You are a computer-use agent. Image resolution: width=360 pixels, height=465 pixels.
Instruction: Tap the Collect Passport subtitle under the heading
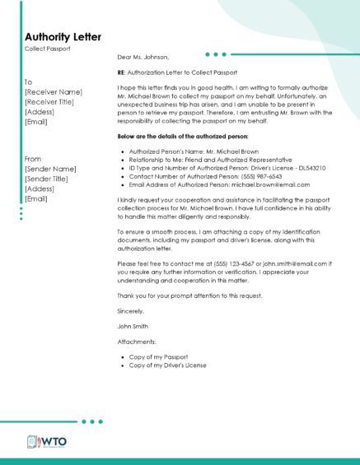[48, 49]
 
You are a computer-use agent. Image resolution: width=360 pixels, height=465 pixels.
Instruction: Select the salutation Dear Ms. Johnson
[143, 58]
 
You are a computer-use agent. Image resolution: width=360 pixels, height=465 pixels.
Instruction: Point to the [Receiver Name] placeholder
[54, 92]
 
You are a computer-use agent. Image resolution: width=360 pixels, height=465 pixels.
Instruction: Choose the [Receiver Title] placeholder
[53, 102]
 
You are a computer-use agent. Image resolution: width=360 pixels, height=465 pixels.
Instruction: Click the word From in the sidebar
[33, 159]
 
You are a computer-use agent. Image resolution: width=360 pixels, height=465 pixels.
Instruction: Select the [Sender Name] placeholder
[51, 169]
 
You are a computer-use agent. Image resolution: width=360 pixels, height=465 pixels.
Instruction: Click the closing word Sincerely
[131, 311]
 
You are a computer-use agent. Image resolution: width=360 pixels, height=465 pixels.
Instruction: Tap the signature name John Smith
[134, 326]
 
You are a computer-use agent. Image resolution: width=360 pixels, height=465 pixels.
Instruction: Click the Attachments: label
[137, 342]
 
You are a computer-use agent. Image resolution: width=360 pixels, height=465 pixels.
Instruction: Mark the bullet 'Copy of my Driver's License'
[168, 365]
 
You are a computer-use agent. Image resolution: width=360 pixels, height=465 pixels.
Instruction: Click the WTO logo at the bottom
[47, 442]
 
